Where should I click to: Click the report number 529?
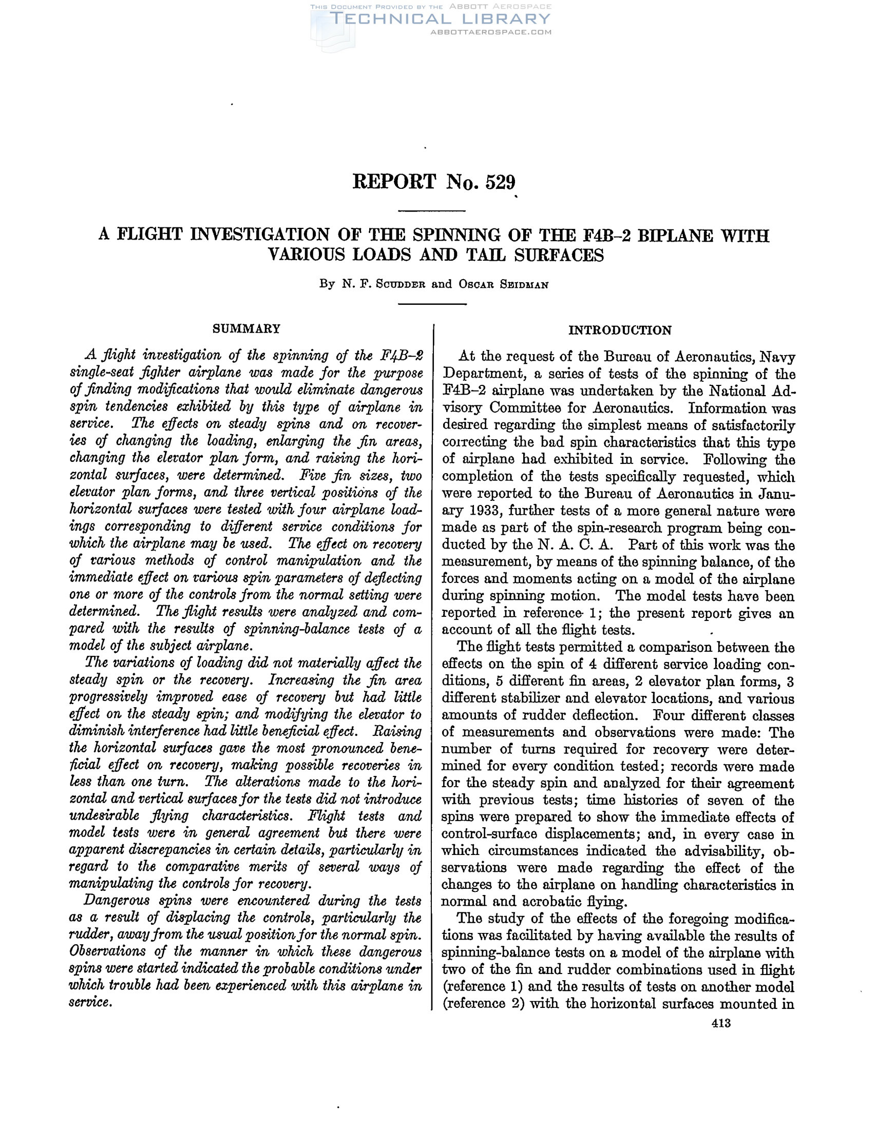pyautogui.click(x=500, y=182)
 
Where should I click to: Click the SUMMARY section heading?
pyautogui.click(x=246, y=329)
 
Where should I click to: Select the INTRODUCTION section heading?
pyautogui.click(x=619, y=330)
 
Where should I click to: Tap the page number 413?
pyautogui.click(x=721, y=1022)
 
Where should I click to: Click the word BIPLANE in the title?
pyautogui.click(x=675, y=236)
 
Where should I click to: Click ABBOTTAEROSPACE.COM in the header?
pyautogui.click(x=491, y=32)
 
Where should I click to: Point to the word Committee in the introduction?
pyautogui.click(x=525, y=408)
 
